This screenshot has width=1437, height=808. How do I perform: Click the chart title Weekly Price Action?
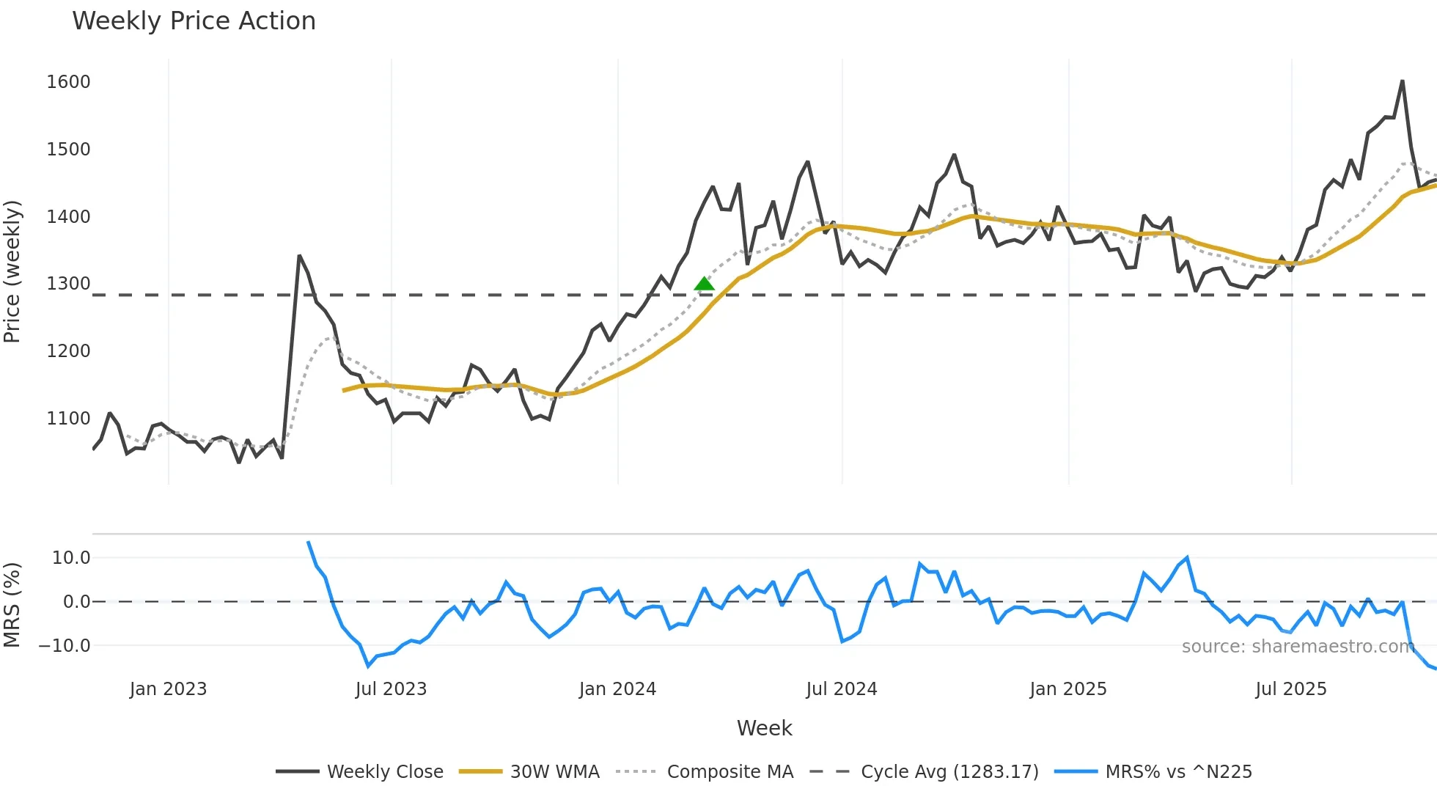(x=194, y=21)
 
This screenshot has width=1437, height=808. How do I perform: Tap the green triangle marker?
(x=704, y=284)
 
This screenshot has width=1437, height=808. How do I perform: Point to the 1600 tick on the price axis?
(x=68, y=82)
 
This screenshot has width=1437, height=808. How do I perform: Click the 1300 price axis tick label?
(x=68, y=284)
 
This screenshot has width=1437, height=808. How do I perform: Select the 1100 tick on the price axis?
(x=68, y=419)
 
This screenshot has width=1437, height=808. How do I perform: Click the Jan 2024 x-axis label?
(x=617, y=689)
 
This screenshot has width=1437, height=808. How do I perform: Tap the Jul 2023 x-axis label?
(x=391, y=689)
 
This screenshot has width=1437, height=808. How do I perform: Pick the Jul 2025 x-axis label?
(x=1291, y=689)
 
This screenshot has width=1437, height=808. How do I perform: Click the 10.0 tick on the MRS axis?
(x=71, y=558)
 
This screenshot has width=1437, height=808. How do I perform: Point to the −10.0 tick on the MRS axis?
(x=65, y=646)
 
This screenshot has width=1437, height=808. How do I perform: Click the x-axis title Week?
(x=764, y=728)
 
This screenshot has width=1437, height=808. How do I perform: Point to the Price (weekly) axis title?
(x=12, y=271)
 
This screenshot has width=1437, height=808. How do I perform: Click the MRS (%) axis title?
(x=12, y=605)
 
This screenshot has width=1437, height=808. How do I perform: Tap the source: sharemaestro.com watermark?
(x=1298, y=647)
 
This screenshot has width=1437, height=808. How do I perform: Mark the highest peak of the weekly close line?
(x=1402, y=81)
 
